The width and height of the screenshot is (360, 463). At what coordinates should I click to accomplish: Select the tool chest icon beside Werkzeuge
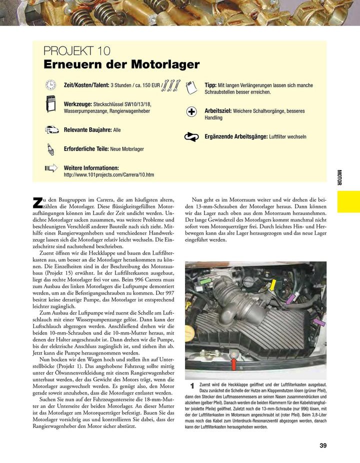(x=50, y=106)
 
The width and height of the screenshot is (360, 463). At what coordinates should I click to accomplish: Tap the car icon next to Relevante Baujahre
(x=50, y=129)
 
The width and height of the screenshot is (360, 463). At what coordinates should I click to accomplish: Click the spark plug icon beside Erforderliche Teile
(x=50, y=148)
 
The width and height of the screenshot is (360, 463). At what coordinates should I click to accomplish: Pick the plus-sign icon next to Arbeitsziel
(x=191, y=111)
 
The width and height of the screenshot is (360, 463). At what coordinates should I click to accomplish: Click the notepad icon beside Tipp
(x=191, y=87)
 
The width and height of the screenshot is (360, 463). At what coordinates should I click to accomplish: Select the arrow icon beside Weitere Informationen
(x=51, y=168)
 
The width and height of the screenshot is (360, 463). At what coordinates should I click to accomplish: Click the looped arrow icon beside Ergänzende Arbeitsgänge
(x=191, y=136)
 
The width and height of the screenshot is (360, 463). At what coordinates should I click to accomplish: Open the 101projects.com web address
(x=109, y=175)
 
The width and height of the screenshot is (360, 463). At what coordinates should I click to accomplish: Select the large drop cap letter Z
(x=37, y=202)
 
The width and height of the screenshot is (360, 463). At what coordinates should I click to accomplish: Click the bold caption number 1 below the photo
(x=192, y=386)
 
